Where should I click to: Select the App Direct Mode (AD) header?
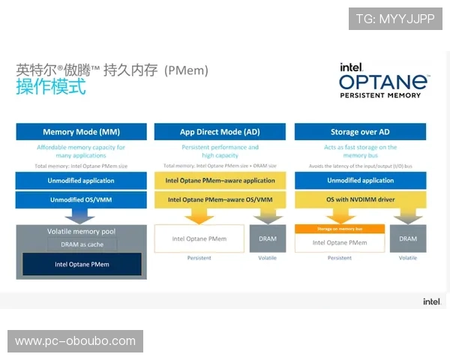coord(220,132)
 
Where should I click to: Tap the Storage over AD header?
coord(360,132)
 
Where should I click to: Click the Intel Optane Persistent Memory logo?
coord(383,79)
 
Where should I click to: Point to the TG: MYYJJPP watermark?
coord(395,19)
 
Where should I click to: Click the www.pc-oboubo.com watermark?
coord(75,341)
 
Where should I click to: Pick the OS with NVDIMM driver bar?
coord(360,199)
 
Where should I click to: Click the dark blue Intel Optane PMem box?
coord(82,264)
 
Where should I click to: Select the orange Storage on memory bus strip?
coord(339,229)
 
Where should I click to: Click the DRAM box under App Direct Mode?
coord(268,238)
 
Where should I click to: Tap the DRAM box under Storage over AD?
coord(408,238)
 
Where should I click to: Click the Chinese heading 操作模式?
coord(51,87)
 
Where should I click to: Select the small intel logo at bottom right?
coord(431,301)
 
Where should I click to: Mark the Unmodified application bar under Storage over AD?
coord(360,181)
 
